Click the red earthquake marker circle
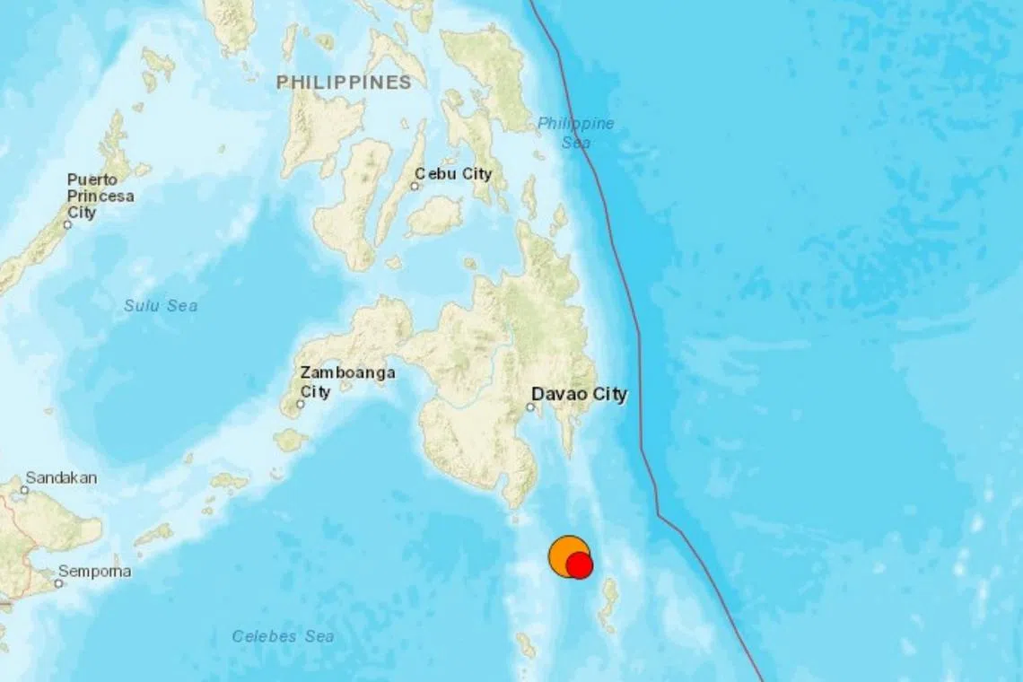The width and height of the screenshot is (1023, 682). [x=581, y=565]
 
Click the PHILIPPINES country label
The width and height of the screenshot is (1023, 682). [x=344, y=83]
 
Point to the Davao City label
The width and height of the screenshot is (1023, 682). [x=579, y=394]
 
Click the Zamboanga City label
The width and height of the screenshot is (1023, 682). [x=336, y=381]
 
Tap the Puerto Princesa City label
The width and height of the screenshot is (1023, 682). [x=101, y=196]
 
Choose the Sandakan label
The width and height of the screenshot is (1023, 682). [x=61, y=477]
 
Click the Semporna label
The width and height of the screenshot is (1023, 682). [x=94, y=572]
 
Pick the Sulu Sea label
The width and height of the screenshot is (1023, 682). [x=161, y=306]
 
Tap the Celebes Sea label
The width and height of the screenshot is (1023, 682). [x=283, y=636]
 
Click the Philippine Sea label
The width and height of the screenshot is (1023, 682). [x=576, y=132]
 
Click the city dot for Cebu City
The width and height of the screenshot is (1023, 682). [x=415, y=187]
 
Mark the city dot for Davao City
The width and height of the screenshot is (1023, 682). [x=530, y=407]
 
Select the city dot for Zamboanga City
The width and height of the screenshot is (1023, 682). [x=301, y=404]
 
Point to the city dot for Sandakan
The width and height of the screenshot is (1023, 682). [x=24, y=490]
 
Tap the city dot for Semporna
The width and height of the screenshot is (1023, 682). [x=58, y=583]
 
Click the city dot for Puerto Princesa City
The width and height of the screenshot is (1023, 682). [x=67, y=224]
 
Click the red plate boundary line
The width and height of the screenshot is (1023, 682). [x=641, y=359]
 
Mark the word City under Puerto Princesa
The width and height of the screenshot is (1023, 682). [x=82, y=213]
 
